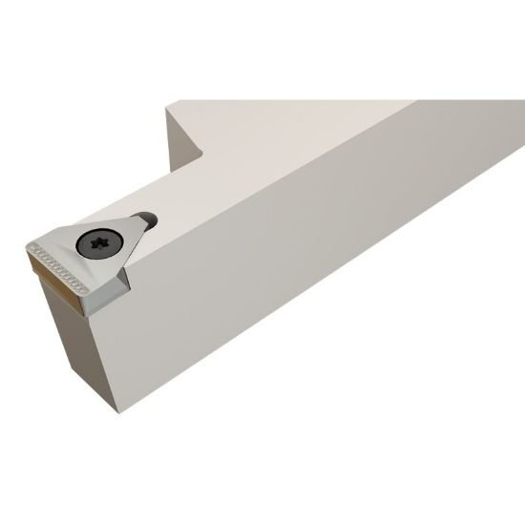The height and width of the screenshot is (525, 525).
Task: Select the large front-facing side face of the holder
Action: coord(315,248)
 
